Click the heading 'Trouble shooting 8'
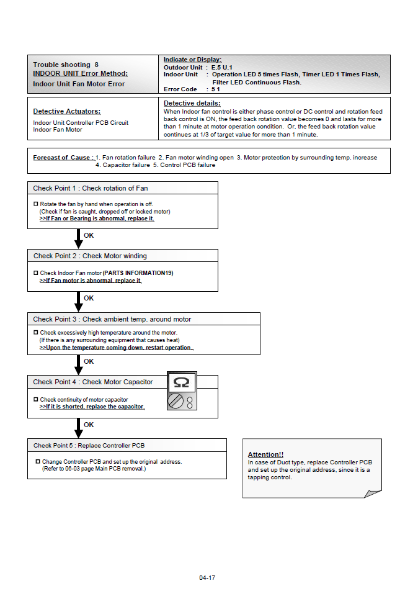pyautogui.click(x=66, y=65)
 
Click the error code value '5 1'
pyautogui.click(x=216, y=89)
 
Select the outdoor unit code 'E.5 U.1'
pyautogui.click(x=221, y=67)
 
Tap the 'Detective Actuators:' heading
pyautogui.click(x=66, y=111)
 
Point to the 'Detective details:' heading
pyautogui.click(x=192, y=103)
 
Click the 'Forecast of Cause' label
pyautogui.click(x=63, y=158)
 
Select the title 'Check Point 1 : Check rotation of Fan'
pyautogui.click(x=91, y=188)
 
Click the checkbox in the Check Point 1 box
pyautogui.click(x=36, y=204)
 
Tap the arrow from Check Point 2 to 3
pyautogui.click(x=78, y=302)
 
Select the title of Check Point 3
pyautogui.click(x=112, y=319)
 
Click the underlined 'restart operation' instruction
pyautogui.click(x=117, y=348)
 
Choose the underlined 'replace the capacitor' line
pyautogui.click(x=92, y=407)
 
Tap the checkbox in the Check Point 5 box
pyautogui.click(x=38, y=462)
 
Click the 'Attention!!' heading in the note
pyautogui.click(x=265, y=454)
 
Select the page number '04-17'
pyautogui.click(x=208, y=578)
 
